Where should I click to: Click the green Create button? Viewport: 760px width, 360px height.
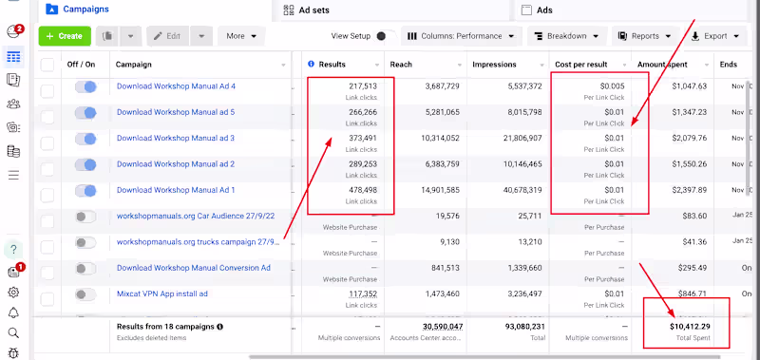(65, 36)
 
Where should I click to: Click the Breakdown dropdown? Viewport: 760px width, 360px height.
(566, 36)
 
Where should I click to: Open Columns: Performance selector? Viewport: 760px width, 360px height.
(462, 36)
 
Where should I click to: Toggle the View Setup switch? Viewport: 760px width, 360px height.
(385, 36)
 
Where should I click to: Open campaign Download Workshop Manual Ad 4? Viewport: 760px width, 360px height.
(176, 86)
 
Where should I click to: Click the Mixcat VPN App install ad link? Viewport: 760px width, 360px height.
(161, 294)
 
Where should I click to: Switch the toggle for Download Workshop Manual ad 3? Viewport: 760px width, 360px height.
(85, 139)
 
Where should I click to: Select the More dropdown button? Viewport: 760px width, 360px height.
(241, 36)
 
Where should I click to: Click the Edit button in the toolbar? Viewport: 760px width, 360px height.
(167, 36)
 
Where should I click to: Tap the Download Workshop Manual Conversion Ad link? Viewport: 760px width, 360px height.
(193, 268)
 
